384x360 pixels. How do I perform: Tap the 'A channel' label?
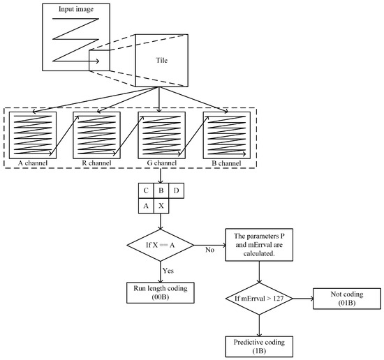[31, 162]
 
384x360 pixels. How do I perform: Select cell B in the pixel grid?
[161, 190]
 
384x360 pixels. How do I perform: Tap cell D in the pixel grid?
[178, 190]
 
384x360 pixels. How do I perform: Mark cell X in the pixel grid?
[161, 206]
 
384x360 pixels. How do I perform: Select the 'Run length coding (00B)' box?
[161, 292]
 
